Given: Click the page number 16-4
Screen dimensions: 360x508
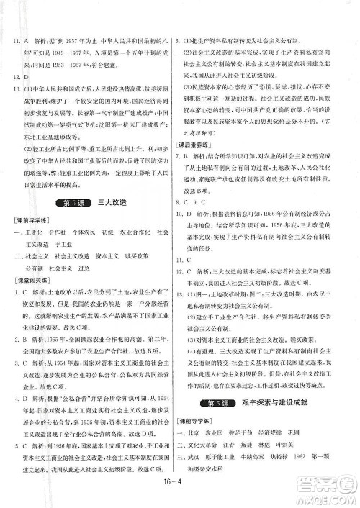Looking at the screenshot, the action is coord(180,495).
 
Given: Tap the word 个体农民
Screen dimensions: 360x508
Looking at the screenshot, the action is coord(87,214).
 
